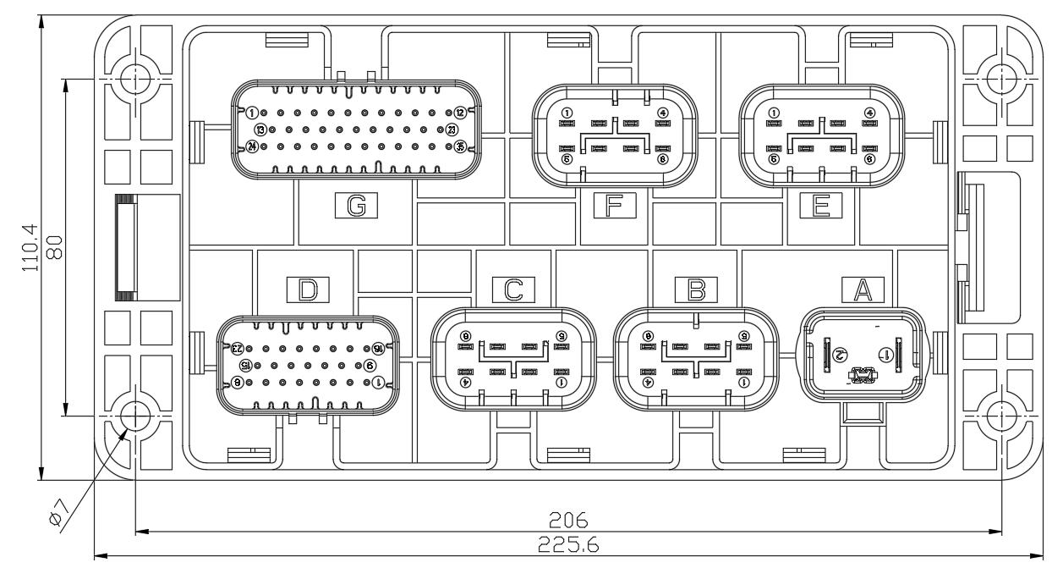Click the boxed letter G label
[355, 205]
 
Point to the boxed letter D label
[308, 290]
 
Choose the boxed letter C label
[513, 290]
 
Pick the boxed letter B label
[696, 290]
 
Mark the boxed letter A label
[862, 290]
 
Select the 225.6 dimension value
[568, 546]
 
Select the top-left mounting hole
[134, 79]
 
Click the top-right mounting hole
[1002, 79]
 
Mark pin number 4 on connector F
[662, 113]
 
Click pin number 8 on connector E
[869, 158]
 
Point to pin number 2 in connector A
[840, 353]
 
